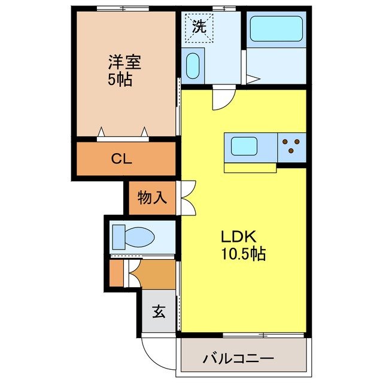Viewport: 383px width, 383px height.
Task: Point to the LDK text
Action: (x=240, y=236)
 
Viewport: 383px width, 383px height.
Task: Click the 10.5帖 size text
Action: (x=242, y=254)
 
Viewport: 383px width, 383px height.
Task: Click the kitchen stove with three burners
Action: (x=292, y=145)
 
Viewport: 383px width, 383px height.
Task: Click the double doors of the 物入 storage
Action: (x=186, y=197)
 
